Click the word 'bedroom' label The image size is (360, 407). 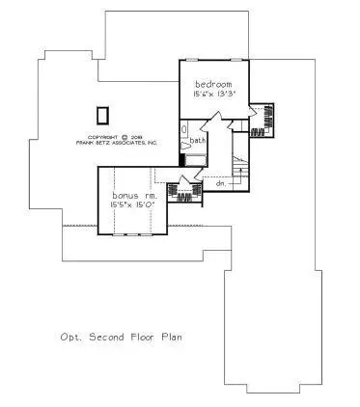click(x=212, y=84)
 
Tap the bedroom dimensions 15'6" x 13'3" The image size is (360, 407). click(x=212, y=95)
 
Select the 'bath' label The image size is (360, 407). click(x=198, y=141)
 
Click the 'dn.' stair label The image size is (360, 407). click(x=220, y=181)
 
